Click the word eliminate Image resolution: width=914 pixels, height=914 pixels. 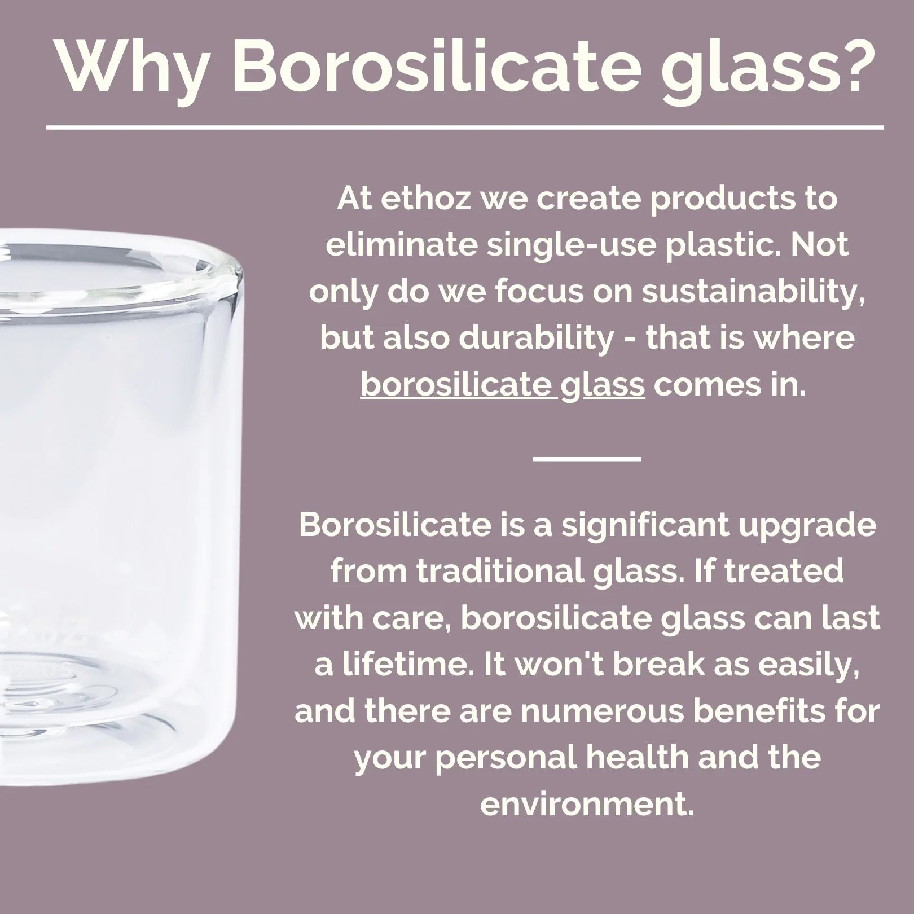pyautogui.click(x=401, y=245)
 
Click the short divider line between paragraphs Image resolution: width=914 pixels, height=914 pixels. pyautogui.click(x=587, y=458)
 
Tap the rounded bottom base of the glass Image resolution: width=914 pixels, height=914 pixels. pyautogui.click(x=85, y=750)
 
